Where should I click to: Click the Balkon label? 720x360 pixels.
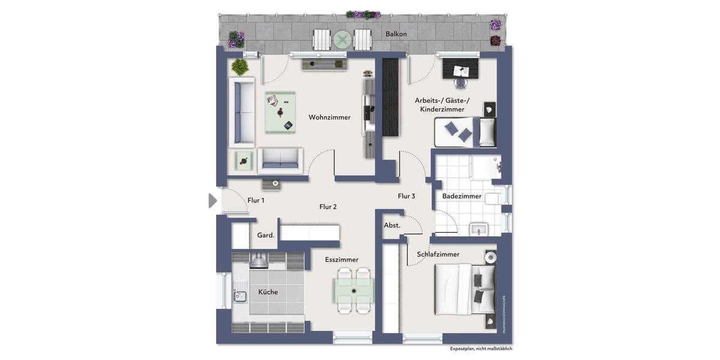396,34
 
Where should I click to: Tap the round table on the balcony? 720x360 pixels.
343,40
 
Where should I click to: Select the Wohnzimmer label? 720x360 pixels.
329,118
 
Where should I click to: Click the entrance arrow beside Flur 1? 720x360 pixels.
212,200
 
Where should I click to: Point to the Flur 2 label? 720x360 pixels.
328,207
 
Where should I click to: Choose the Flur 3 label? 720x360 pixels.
406,196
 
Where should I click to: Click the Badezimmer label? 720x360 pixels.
461,196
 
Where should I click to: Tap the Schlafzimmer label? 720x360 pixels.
438,254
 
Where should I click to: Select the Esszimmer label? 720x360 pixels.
341,260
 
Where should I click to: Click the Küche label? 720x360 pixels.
268,292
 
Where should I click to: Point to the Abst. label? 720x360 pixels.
392,225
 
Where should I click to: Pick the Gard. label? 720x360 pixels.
266,235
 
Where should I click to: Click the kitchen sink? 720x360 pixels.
241,296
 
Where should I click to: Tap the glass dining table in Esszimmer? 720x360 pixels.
354,290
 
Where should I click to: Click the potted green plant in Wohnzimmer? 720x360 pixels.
241,65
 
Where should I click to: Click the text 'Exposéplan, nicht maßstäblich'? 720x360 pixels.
481,349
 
